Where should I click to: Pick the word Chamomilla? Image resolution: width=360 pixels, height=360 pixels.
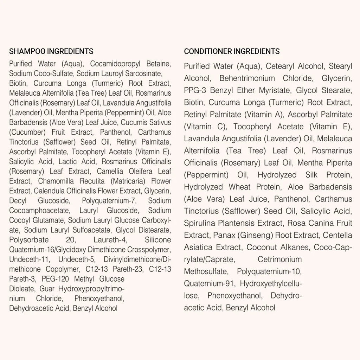pyautogui.click(x=56, y=181)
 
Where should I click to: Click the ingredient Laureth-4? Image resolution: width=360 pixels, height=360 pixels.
pyautogui.click(x=108, y=240)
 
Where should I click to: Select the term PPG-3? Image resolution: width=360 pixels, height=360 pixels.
pyautogui.click(x=195, y=90)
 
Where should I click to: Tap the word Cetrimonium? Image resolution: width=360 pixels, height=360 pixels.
pyautogui.click(x=279, y=259)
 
